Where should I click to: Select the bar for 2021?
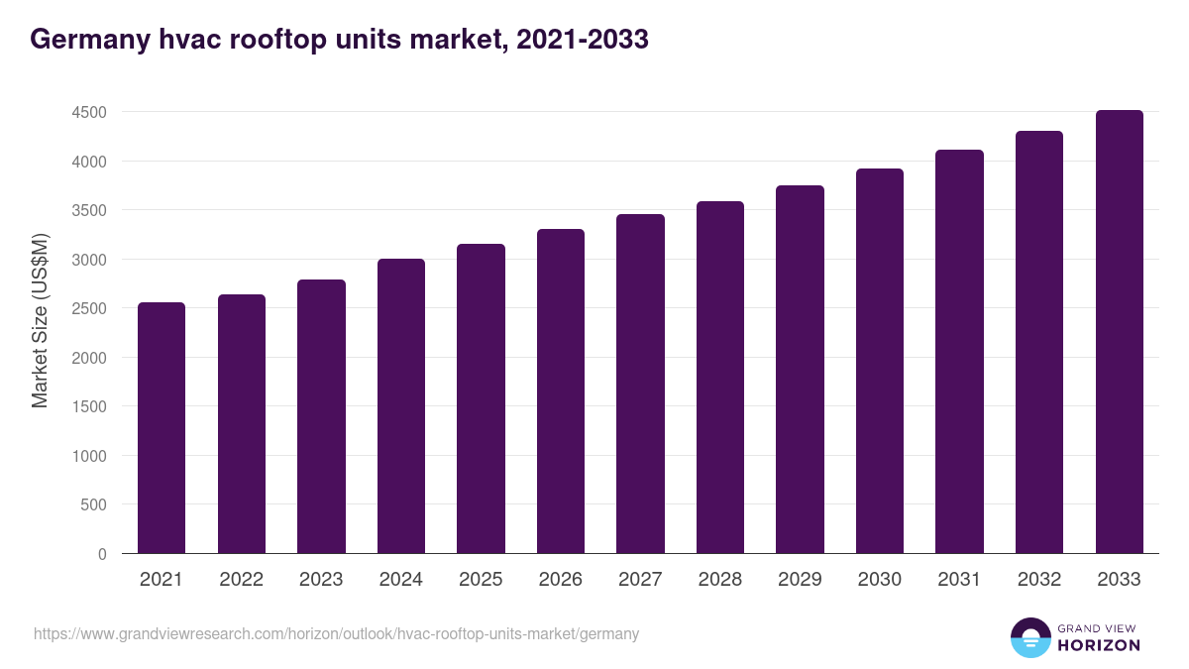[162, 427]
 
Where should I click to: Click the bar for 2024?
[401, 405]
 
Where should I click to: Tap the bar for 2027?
[640, 384]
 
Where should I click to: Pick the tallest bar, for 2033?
[1120, 331]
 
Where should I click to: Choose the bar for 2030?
[880, 361]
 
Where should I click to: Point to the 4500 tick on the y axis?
[88, 113]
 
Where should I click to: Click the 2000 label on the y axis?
[88, 358]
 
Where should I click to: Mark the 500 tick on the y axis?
[93, 504]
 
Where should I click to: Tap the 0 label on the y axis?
[102, 554]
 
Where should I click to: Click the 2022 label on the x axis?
[241, 580]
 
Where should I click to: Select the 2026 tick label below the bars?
[561, 580]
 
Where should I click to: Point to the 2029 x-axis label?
[800, 580]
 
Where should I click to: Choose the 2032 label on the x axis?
[1039, 580]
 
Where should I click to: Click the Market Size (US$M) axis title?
[40, 320]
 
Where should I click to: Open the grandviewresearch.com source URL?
[337, 633]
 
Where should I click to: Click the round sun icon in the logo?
[1029, 638]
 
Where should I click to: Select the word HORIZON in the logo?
[1098, 645]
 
